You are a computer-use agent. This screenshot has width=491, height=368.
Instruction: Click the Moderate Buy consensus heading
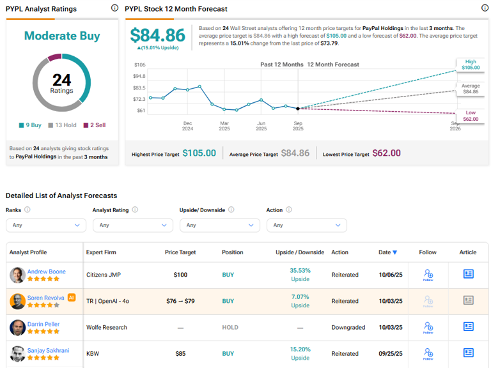coord(62,36)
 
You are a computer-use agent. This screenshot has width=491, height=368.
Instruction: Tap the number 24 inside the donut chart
coord(62,80)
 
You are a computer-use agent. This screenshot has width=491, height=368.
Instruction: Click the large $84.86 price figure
coord(157,35)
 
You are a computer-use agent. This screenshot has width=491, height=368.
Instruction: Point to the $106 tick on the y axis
coord(140,65)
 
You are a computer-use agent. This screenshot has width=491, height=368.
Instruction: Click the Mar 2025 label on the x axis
coord(224,126)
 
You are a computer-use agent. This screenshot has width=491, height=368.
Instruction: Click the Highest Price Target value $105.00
coord(199,153)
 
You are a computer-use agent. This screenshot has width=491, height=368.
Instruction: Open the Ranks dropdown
coord(46,225)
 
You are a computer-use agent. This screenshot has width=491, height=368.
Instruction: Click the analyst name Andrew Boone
coord(46,271)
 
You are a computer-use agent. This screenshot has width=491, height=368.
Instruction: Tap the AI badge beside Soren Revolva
coord(72,297)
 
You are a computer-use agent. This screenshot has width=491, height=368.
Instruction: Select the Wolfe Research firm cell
coord(107,327)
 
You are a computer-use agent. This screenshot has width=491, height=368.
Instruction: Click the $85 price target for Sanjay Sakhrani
coord(180,353)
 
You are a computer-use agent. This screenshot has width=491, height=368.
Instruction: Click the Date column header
coord(387,252)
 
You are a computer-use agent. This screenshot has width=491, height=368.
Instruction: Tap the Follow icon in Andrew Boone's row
coord(428,275)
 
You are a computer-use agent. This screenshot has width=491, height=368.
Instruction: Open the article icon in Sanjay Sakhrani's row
coord(468,353)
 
